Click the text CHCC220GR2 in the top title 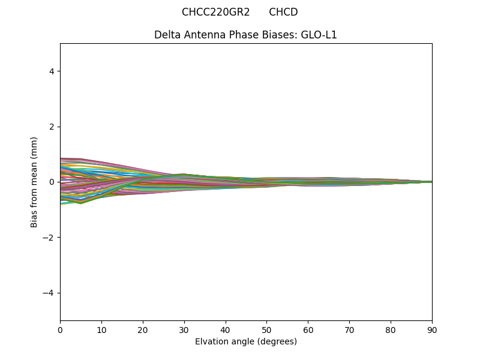215,12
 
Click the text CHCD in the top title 283,12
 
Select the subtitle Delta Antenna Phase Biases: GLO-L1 245,35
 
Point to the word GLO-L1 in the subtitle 319,35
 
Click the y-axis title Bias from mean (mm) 34,182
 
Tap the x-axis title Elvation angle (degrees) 245,341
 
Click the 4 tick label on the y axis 52,71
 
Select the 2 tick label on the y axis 52,127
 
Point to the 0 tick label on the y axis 52,182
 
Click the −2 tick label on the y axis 49,238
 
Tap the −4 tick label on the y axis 49,293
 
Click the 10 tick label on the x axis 101,329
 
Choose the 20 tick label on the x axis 143,329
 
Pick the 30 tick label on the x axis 184,329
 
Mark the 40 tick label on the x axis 226,329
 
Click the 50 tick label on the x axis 266,329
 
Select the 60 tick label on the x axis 308,329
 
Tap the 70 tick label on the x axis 349,329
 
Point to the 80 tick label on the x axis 391,329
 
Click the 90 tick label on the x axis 432,329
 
